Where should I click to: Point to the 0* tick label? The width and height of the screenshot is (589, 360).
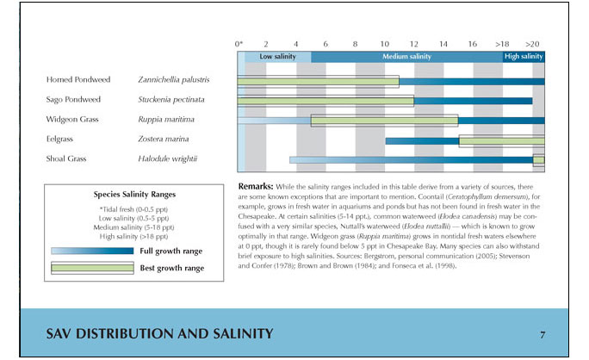click(x=239, y=43)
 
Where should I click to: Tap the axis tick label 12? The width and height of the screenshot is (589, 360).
click(x=414, y=43)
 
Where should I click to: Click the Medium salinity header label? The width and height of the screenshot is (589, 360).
click(x=406, y=56)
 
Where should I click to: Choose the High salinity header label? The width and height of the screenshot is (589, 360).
click(x=524, y=56)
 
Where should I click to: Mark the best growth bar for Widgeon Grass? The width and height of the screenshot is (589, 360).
click(x=384, y=121)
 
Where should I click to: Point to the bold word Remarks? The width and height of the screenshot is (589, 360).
click(x=255, y=186)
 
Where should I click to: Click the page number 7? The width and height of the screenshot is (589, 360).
click(x=542, y=333)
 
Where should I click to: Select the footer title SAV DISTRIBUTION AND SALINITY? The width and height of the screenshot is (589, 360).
click(x=160, y=333)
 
